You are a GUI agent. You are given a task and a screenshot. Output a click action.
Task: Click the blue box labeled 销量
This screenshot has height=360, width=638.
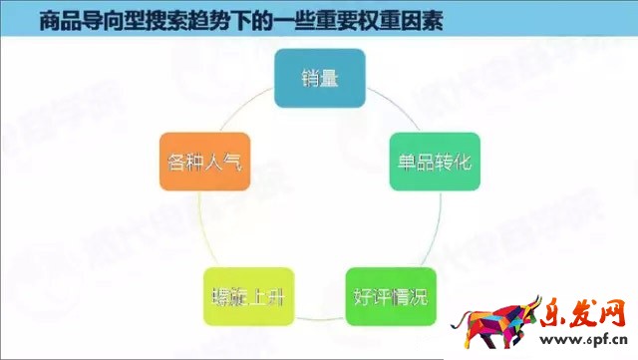[x=319, y=80]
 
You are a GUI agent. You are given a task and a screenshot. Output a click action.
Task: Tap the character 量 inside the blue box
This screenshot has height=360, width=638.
[x=330, y=80]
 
